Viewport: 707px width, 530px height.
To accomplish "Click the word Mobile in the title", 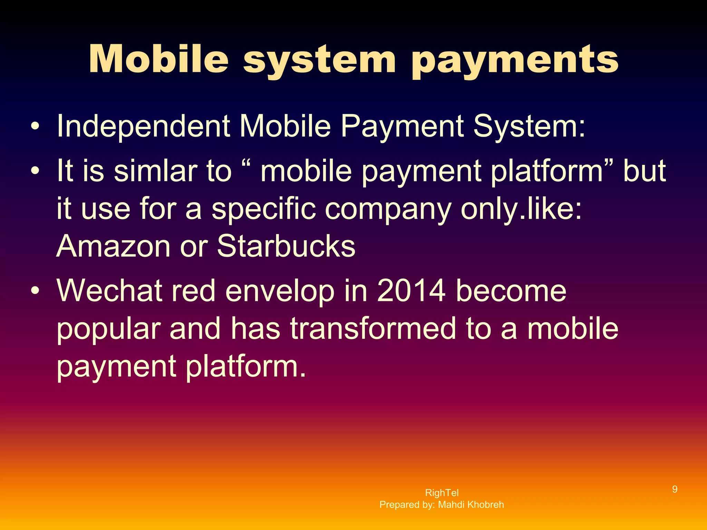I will coord(158,59).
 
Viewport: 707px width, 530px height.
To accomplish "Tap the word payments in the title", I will coord(515,61).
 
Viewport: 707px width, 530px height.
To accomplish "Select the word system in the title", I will coord(319,61).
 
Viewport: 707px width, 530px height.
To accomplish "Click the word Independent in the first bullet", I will coord(143,126).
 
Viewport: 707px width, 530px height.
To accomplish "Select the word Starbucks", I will coord(286,246).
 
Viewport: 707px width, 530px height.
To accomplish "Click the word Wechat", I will coord(109,291).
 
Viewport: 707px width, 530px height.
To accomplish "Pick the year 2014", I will coord(411,291).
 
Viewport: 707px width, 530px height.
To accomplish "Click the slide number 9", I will coord(675,489).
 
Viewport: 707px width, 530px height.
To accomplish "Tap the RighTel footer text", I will coord(442,493).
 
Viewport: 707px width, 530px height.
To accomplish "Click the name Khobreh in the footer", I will coord(485,505).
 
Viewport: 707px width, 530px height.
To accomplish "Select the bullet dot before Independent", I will coord(35,127).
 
